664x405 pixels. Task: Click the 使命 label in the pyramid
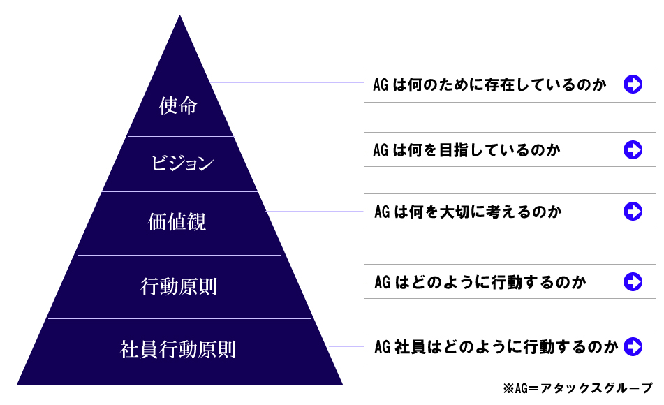[x=178, y=105]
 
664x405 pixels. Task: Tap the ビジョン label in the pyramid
[x=182, y=163]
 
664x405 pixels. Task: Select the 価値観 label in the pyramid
[x=177, y=221]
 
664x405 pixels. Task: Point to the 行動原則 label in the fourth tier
[x=179, y=286]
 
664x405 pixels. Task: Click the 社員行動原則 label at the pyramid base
[x=178, y=350]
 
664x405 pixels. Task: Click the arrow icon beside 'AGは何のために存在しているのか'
[x=633, y=84]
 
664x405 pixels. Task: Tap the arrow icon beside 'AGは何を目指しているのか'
[x=633, y=149]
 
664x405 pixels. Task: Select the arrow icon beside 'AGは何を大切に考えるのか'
[x=633, y=211]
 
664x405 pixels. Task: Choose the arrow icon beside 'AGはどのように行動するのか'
[x=633, y=281]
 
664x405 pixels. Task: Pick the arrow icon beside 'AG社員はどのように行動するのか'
[x=633, y=346]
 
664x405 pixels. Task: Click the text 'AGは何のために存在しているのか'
[x=489, y=84]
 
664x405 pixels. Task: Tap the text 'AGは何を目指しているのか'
[x=466, y=150]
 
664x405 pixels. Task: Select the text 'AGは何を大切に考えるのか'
[x=468, y=212]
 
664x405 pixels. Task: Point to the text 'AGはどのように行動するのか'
[x=480, y=282]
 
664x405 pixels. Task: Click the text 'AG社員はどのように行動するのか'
[x=496, y=347]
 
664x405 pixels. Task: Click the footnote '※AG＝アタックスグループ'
[x=578, y=388]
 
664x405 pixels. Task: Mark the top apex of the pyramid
[x=179, y=15]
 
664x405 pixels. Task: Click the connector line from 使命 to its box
[x=287, y=82]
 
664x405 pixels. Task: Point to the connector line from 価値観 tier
[x=315, y=211]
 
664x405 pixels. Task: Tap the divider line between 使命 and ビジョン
[x=180, y=136]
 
